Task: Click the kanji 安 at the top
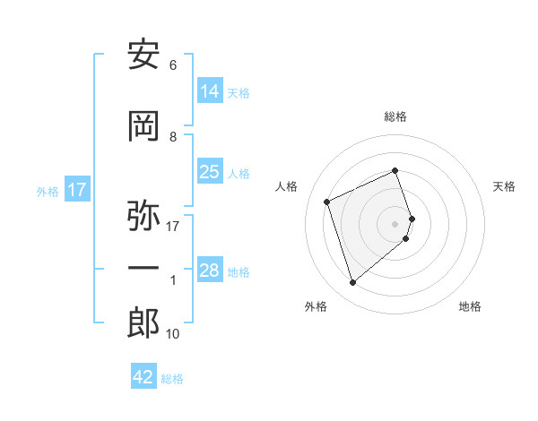coord(143,54)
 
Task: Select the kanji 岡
coord(143,126)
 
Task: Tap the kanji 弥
coord(143,215)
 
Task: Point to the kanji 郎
coord(143,323)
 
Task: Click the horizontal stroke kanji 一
coord(143,268)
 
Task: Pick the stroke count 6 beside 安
coord(173,65)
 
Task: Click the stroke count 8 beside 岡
coord(173,137)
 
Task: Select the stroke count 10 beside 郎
coord(172,334)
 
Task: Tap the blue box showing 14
coord(211,90)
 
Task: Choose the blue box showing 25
coord(211,171)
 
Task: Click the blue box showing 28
coord(211,269)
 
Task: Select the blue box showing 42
coord(143,375)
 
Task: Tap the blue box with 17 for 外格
coord(77,189)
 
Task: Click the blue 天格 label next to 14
coord(239,93)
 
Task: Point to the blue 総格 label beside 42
coord(172,379)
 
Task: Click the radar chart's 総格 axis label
coord(395,116)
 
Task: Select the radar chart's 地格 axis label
coord(470,306)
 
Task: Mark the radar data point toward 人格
coord(327,202)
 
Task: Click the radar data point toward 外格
coord(352,282)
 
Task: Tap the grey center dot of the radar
coord(395,224)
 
